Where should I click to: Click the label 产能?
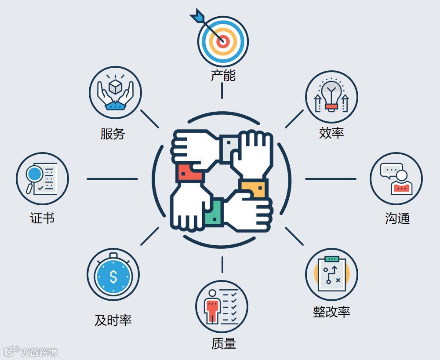tap(223, 75)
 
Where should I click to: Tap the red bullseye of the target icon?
tap(223, 42)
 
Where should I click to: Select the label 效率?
tap(331, 132)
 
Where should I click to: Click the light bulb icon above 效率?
tap(331, 93)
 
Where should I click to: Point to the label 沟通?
tap(397, 218)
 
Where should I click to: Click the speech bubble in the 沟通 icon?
tap(390, 170)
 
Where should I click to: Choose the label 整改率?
tap(331, 312)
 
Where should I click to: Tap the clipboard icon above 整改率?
tap(332, 273)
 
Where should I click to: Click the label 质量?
tap(223, 343)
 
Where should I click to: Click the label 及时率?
tap(113, 320)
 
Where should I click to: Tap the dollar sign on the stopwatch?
tap(113, 276)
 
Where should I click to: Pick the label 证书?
tap(42, 218)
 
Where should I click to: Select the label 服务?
tap(113, 134)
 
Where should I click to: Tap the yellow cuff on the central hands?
tap(254, 189)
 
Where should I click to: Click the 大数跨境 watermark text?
tap(39, 352)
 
